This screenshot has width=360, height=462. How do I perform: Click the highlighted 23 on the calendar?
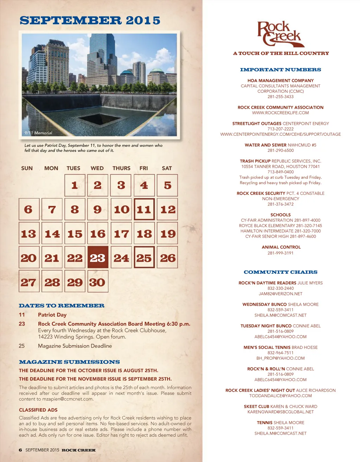point(98,258)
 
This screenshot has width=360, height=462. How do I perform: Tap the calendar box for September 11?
point(144,210)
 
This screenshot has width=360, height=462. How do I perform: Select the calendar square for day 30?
point(98,282)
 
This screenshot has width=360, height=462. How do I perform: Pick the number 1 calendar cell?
point(75,185)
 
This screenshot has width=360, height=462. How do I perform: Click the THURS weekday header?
point(121,168)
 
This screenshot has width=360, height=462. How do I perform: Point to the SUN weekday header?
point(27,168)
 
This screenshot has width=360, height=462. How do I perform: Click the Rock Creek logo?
point(280,34)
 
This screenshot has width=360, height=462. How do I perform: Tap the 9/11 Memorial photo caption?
point(38,133)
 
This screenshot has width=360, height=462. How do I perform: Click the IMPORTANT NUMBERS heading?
point(280,70)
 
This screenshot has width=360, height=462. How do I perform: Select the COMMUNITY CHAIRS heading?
point(280,272)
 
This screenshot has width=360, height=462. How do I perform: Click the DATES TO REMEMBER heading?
point(62,306)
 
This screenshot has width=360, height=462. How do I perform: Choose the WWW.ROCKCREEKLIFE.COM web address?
point(280,113)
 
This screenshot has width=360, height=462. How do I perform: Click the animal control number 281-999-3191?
point(280,253)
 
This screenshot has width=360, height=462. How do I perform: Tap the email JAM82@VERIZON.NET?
point(280,294)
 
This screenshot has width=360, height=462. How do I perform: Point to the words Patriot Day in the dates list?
point(52,315)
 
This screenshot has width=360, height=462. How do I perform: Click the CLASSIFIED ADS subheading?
point(38,410)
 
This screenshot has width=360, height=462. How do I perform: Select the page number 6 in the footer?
point(20,450)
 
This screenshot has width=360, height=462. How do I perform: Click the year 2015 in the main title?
point(143,20)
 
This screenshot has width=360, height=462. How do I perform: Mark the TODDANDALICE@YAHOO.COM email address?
point(280,396)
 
